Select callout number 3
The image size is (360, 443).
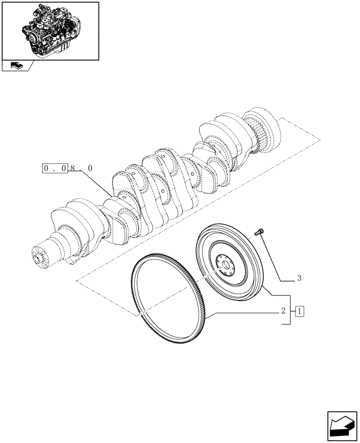[299, 279]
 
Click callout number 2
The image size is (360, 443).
[282, 311]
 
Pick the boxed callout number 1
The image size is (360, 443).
[300, 311]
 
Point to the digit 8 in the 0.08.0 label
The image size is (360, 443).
[73, 168]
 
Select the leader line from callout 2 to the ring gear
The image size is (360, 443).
[244, 312]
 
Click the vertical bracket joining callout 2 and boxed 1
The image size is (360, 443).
[290, 310]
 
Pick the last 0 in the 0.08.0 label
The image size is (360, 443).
[90, 168]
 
